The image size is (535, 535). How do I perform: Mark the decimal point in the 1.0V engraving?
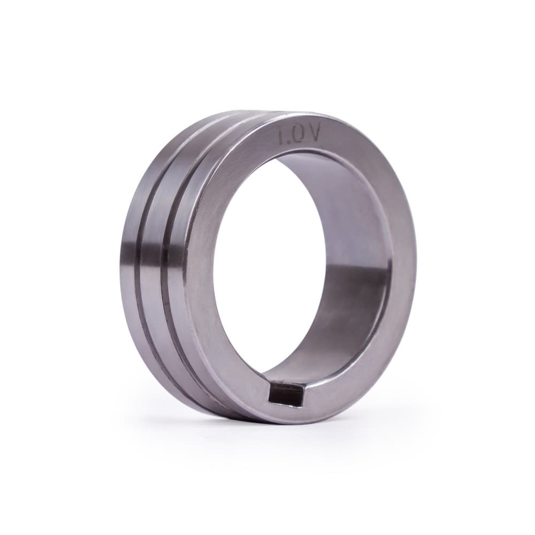click(x=289, y=142)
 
